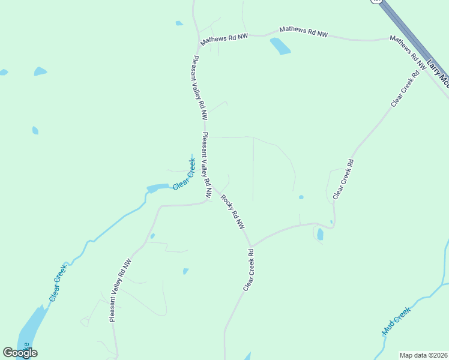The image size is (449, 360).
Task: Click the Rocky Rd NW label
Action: click(233, 212)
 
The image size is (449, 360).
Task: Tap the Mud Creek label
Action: click(397, 321)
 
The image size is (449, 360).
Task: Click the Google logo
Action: click(20, 353)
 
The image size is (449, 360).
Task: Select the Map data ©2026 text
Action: click(424, 355)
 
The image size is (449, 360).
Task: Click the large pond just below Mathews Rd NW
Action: click(280, 46)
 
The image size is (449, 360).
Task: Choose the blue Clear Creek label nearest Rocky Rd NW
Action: click(184, 175)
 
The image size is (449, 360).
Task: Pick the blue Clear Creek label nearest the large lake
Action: click(58, 283)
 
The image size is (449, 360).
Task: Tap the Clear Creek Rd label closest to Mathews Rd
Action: click(403, 91)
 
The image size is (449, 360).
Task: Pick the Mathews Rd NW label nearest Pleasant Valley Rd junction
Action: click(224, 38)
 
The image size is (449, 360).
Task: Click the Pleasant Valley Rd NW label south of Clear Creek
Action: click(120, 291)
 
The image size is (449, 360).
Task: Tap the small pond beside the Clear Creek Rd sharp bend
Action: click(320, 234)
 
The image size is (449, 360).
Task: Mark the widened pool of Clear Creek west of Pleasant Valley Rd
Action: click(158, 188)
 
